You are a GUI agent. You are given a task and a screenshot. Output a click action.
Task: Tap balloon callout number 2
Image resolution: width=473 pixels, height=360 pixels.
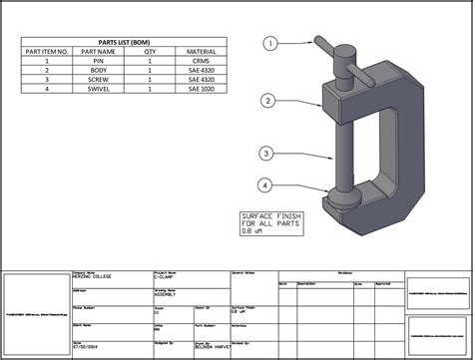tap(268, 101)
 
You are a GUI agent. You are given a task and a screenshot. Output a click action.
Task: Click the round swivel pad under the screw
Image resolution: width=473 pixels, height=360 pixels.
tap(343, 199)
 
